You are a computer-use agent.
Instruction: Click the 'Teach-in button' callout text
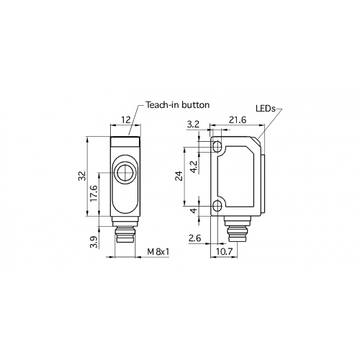(x=178, y=105)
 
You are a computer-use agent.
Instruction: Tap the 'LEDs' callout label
(x=266, y=109)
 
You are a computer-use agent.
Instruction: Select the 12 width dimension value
(x=125, y=120)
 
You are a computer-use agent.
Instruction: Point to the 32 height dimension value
(x=82, y=176)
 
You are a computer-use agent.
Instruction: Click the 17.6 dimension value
(x=94, y=193)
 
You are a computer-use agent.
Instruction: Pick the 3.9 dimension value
(x=94, y=242)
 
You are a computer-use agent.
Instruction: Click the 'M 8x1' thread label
(x=158, y=252)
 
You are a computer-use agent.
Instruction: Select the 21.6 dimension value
(x=238, y=120)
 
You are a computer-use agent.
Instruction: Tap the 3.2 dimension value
(x=193, y=124)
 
